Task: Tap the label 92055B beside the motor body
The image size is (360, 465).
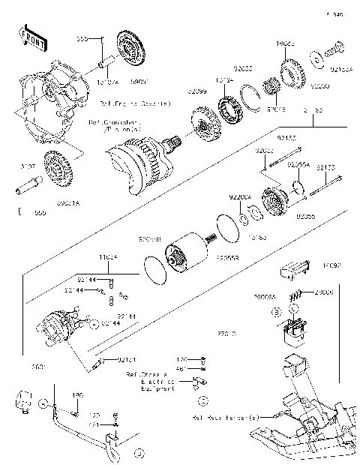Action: (226, 257)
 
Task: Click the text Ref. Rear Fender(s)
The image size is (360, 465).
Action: (225, 417)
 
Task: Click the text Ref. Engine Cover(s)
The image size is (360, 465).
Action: (150, 103)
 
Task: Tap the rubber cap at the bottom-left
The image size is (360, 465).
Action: (22, 400)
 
